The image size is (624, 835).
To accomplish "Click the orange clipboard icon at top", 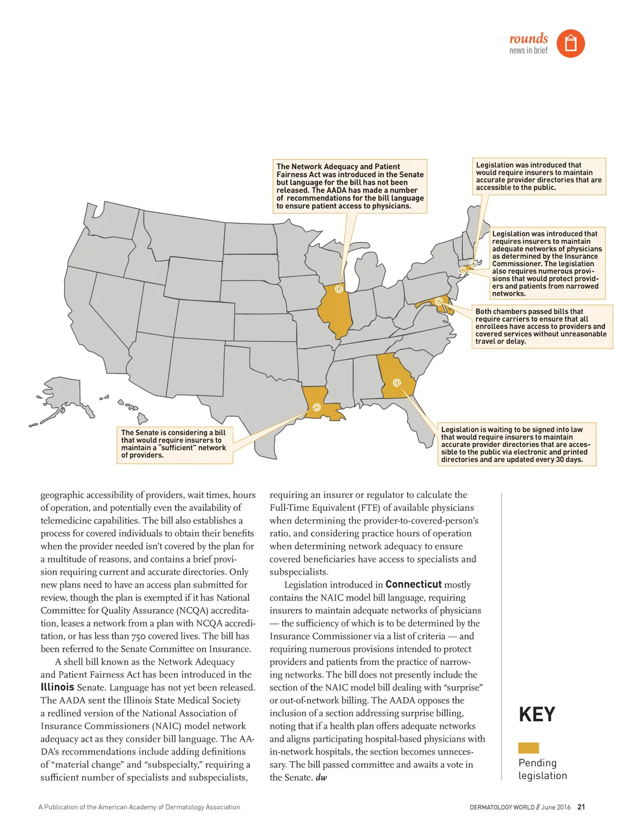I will pos(570,43).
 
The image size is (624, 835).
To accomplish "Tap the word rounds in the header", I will pos(528,38).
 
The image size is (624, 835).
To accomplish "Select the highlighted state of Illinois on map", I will pos(336,308).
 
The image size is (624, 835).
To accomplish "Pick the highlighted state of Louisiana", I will pos(320,402).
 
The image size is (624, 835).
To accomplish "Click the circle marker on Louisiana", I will pos(316,407).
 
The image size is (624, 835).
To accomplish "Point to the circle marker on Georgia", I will pos(397,383).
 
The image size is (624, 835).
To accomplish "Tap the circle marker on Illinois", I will pos(339,289).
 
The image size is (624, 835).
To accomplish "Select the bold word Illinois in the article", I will pos(57,687).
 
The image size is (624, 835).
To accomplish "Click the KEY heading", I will pos(537,714).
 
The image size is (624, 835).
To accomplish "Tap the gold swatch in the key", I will pos(528,748).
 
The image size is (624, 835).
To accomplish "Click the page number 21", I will pos(581,807).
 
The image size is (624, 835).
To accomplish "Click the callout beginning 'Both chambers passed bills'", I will pos(541,327).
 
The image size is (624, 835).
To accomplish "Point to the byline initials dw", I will pos(321,778).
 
